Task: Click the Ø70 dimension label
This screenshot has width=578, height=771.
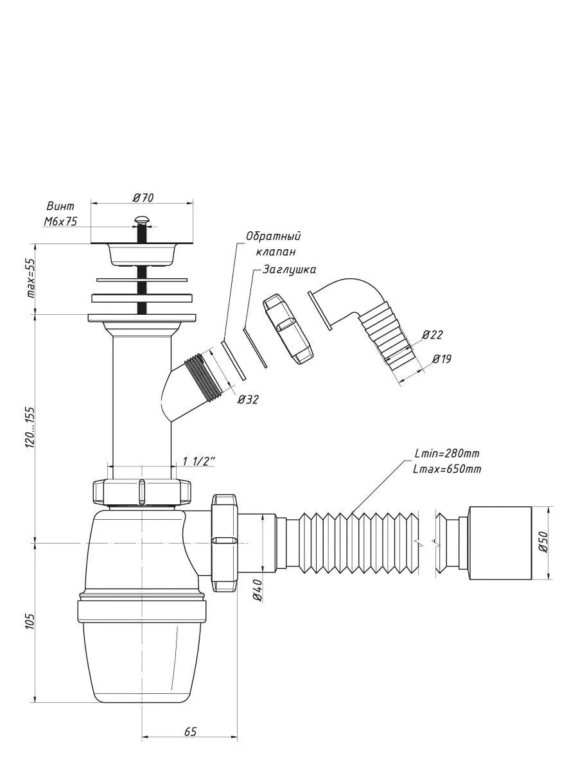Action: click(143, 198)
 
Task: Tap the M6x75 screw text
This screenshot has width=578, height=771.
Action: click(60, 222)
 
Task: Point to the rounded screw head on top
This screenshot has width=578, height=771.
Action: click(142, 220)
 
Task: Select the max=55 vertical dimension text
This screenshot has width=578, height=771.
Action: click(31, 279)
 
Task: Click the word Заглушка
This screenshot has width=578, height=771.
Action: click(289, 270)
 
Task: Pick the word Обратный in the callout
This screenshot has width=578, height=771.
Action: click(274, 236)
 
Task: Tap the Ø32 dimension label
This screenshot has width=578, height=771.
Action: click(248, 400)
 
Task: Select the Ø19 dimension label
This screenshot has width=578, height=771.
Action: click(442, 359)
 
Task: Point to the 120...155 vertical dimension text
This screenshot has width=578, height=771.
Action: click(30, 427)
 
